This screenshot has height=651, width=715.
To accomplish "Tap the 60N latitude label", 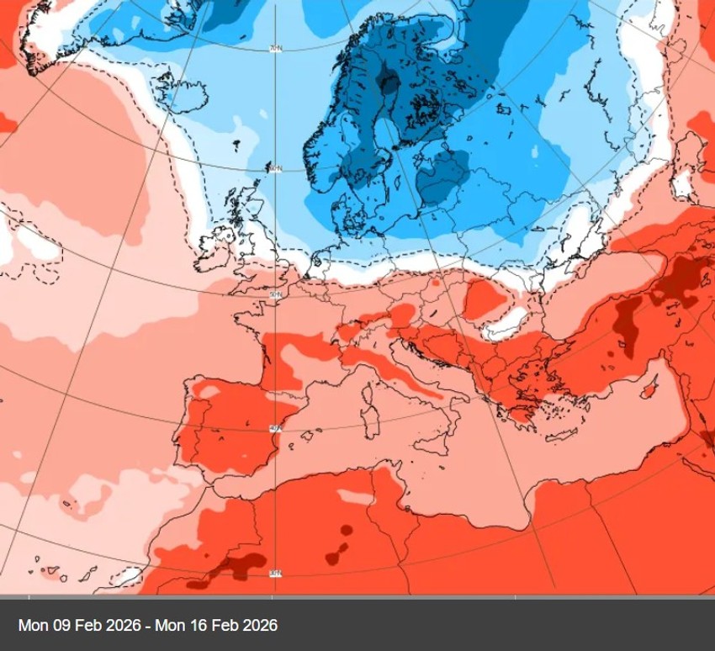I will [274, 168].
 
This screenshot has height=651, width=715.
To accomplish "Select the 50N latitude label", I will [273, 294].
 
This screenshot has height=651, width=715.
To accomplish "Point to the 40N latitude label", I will [273, 429].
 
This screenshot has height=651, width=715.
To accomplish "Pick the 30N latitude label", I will [274, 574].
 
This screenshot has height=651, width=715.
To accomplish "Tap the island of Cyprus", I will [649, 391].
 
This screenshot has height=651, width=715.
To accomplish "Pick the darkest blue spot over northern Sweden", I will [389, 84].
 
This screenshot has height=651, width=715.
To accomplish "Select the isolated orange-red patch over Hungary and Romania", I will [485, 299].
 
